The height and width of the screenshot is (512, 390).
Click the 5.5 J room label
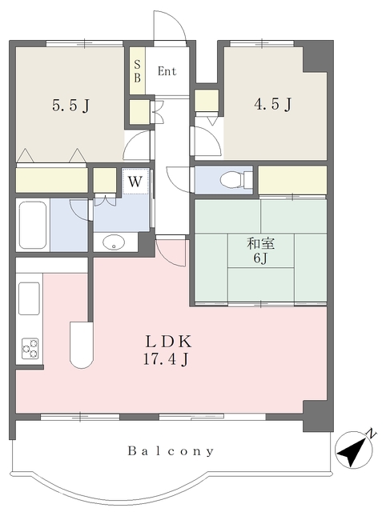pos(71,106)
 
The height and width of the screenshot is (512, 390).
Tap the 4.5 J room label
pos(273,104)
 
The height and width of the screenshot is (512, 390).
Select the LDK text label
pos(168,342)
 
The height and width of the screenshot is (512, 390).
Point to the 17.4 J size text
pos(166,359)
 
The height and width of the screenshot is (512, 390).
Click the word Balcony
pos(171,451)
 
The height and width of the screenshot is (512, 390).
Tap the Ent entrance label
pos(167,71)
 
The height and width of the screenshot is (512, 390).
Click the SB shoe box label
pos(137,71)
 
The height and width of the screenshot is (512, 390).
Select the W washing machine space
pos(135,182)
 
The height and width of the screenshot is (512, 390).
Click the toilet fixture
pos(236,179)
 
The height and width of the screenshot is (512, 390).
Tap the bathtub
pos(32,225)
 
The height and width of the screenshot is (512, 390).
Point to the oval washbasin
pos(114,242)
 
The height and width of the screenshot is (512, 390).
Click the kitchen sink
pos(29,298)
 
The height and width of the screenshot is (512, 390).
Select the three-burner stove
pos(30,349)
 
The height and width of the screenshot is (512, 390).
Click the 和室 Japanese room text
pos(260,243)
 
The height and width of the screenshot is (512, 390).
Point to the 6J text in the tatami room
pos(260,258)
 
